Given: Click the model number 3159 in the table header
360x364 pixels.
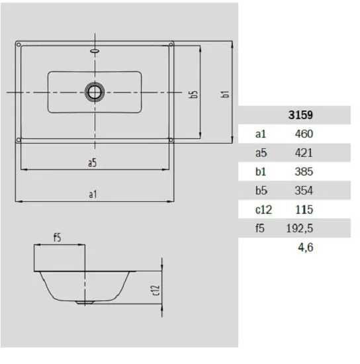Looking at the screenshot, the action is (300, 115).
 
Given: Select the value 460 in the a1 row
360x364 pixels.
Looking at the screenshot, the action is (304, 134).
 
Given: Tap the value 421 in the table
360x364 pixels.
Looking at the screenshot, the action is (304, 153).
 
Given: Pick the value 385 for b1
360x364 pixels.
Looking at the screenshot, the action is (304, 171).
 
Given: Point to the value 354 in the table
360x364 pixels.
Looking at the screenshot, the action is (304, 191).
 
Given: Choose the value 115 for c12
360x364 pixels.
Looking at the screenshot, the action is (304, 210).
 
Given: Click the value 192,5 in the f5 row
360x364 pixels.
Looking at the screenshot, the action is (300, 228).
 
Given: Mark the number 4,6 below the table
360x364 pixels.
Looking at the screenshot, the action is (306, 248).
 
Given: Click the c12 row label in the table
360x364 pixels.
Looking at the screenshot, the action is (263, 210).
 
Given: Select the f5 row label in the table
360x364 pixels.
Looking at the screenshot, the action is (260, 228).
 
